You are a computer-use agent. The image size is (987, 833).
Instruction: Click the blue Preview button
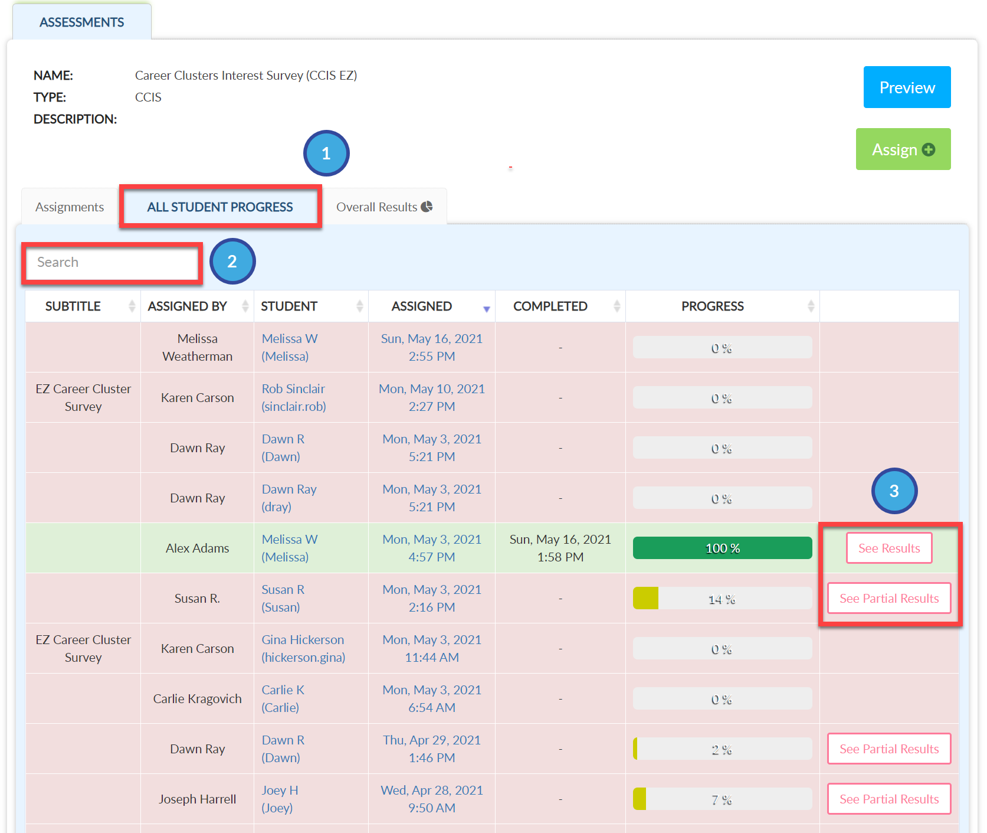tap(907, 87)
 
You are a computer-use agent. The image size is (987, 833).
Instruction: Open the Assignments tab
tap(70, 207)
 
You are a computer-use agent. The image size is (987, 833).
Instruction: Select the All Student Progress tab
tap(220, 207)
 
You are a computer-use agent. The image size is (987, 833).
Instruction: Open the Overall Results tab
tap(384, 207)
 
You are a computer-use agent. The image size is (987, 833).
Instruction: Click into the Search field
tap(112, 263)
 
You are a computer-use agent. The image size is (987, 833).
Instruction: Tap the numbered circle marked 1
tap(326, 153)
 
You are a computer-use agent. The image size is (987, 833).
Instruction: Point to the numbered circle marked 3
tap(894, 491)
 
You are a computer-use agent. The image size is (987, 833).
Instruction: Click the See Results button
tap(889, 548)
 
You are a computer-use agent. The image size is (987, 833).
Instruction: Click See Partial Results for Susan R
tap(889, 599)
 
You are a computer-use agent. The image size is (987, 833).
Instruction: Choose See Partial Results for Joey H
tap(889, 799)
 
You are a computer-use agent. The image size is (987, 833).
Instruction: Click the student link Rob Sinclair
tap(294, 398)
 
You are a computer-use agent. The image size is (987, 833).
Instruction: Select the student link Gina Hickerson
tap(303, 649)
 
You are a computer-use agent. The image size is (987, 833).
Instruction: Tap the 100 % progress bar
tap(722, 548)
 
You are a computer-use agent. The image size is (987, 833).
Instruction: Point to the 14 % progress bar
tap(722, 599)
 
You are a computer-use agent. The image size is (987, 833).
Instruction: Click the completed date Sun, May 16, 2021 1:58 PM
tap(560, 548)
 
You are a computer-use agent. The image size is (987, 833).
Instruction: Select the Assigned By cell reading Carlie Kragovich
tap(198, 699)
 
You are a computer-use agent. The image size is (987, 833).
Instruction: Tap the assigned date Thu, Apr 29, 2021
tap(432, 740)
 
